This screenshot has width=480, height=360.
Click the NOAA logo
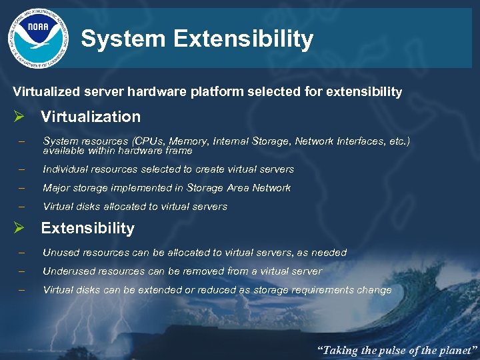[x=38, y=39]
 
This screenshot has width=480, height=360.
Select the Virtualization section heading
[x=91, y=117]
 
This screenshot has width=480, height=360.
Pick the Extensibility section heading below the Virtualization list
[x=87, y=228]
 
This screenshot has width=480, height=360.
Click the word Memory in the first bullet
[x=188, y=141]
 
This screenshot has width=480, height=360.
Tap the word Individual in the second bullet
[x=65, y=169]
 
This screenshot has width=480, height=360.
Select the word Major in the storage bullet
[x=56, y=188]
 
